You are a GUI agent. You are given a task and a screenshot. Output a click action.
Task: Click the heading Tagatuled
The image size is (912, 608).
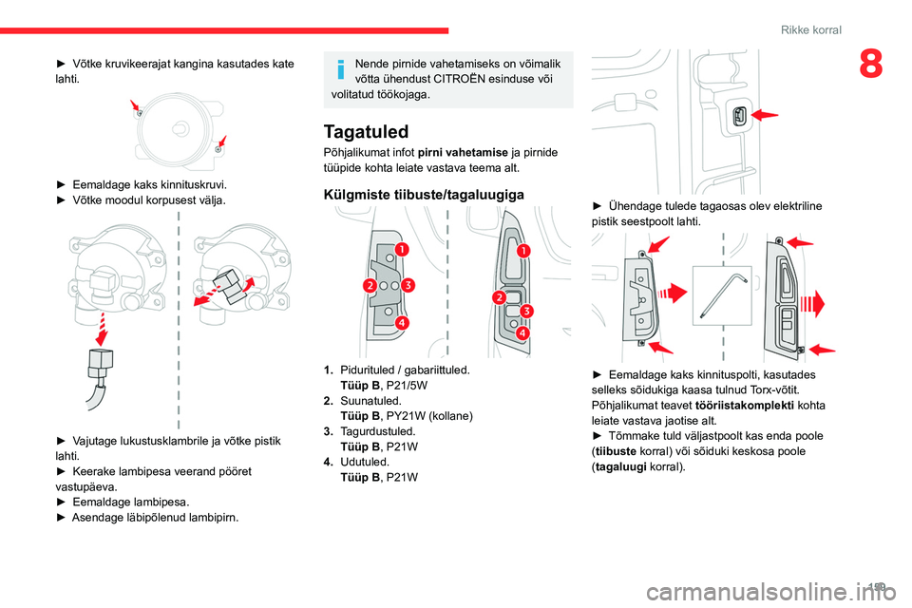tap(366, 131)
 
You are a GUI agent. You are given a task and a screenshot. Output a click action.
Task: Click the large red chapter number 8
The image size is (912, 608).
tap(871, 64)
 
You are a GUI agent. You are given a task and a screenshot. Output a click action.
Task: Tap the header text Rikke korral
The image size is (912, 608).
tap(810, 29)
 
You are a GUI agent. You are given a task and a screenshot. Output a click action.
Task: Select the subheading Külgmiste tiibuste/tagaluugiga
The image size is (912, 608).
tap(424, 195)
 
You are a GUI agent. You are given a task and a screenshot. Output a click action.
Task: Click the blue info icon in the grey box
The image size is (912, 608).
tap(341, 69)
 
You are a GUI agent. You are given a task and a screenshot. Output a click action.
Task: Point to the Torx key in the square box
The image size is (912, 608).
tap(722, 295)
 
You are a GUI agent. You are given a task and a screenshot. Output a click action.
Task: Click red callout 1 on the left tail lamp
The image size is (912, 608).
tap(401, 249)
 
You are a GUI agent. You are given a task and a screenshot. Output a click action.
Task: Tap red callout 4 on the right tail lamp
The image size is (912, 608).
tap(522, 332)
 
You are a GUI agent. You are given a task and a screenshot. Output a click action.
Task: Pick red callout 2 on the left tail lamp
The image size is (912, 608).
tap(370, 285)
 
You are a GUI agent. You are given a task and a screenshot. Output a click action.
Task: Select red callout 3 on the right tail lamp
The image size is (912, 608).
tap(526, 311)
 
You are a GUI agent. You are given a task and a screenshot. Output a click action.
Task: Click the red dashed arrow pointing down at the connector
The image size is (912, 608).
tap(103, 330)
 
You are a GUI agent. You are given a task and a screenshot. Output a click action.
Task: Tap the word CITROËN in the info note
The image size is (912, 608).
tap(460, 79)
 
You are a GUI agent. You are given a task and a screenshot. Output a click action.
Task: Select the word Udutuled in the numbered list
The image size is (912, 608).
tap(364, 462)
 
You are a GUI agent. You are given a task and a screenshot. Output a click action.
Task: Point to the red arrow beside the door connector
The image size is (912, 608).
tap(764, 115)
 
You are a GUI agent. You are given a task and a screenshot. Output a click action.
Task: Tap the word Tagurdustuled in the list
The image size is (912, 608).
tap(377, 431)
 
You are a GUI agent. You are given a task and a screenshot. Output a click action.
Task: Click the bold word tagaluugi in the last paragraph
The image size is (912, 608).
tap(620, 466)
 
